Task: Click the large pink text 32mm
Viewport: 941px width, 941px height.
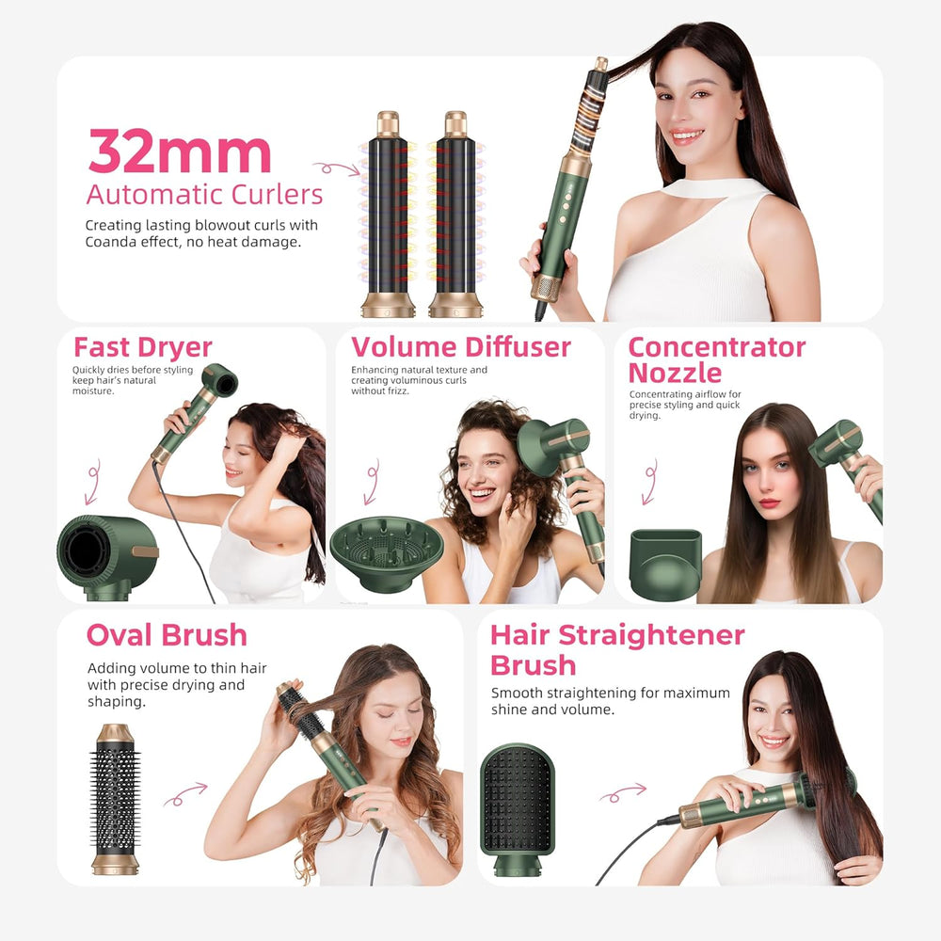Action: coord(180,151)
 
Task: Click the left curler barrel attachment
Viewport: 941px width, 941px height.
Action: coord(389,215)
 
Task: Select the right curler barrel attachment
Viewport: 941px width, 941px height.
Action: coord(455,215)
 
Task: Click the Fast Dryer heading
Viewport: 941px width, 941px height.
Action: coord(143,347)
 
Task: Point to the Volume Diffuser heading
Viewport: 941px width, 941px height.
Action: coord(461,347)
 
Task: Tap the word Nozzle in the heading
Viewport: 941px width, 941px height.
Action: coord(675,373)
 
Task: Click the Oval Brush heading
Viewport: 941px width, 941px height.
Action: coord(167,635)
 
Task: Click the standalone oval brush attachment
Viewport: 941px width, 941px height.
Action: coord(115,799)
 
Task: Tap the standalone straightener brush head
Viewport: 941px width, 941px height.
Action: coord(518,807)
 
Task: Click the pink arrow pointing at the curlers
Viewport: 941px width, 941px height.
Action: coord(336,168)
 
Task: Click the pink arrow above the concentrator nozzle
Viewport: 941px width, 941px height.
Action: coord(650,483)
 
